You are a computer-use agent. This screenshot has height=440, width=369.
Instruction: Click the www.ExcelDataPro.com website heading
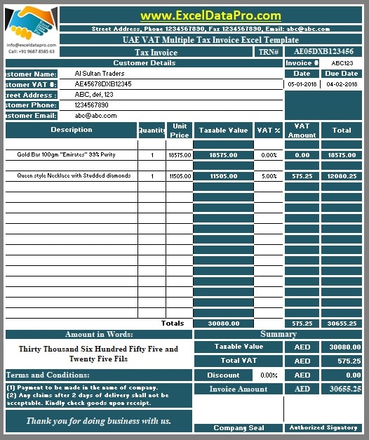pyautogui.click(x=210, y=15)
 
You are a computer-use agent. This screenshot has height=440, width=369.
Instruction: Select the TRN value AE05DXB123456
pyautogui.click(x=323, y=52)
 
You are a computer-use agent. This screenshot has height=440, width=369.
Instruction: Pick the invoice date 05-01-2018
pyautogui.click(x=302, y=84)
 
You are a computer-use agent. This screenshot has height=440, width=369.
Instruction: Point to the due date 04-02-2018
pyautogui.click(x=342, y=84)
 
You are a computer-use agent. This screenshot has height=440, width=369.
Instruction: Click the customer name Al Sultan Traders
pyautogui.click(x=99, y=74)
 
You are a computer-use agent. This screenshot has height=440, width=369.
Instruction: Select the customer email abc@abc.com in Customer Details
pyautogui.click(x=95, y=116)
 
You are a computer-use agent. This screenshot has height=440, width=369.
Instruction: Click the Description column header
pyautogui.click(x=71, y=130)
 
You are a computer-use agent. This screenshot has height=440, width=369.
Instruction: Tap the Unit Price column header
pyautogui.click(x=179, y=130)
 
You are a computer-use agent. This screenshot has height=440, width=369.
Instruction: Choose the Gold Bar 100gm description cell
pyautogui.click(x=66, y=154)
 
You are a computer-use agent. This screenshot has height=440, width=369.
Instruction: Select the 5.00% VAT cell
pyautogui.click(x=269, y=176)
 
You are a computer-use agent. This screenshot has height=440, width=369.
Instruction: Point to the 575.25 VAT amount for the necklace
pyautogui.click(x=302, y=176)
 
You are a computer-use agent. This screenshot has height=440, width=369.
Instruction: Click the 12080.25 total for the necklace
pyautogui.click(x=342, y=176)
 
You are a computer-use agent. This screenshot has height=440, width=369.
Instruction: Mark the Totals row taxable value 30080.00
pyautogui.click(x=223, y=324)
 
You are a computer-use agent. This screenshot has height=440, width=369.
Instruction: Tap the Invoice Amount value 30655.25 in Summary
pyautogui.click(x=342, y=389)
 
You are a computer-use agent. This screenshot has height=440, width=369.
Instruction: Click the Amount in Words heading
pyautogui.click(x=99, y=335)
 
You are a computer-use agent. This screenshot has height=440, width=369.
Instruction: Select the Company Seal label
pyautogui.click(x=239, y=427)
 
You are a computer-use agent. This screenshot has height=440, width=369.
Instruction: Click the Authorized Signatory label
pyautogui.click(x=323, y=427)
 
